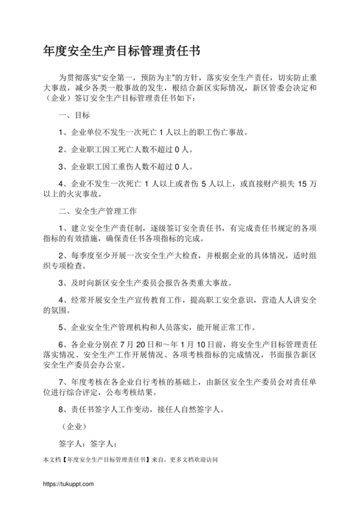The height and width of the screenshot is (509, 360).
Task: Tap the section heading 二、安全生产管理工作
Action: tap(97, 210)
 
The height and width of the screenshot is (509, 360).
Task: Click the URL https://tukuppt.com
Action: tap(68, 483)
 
